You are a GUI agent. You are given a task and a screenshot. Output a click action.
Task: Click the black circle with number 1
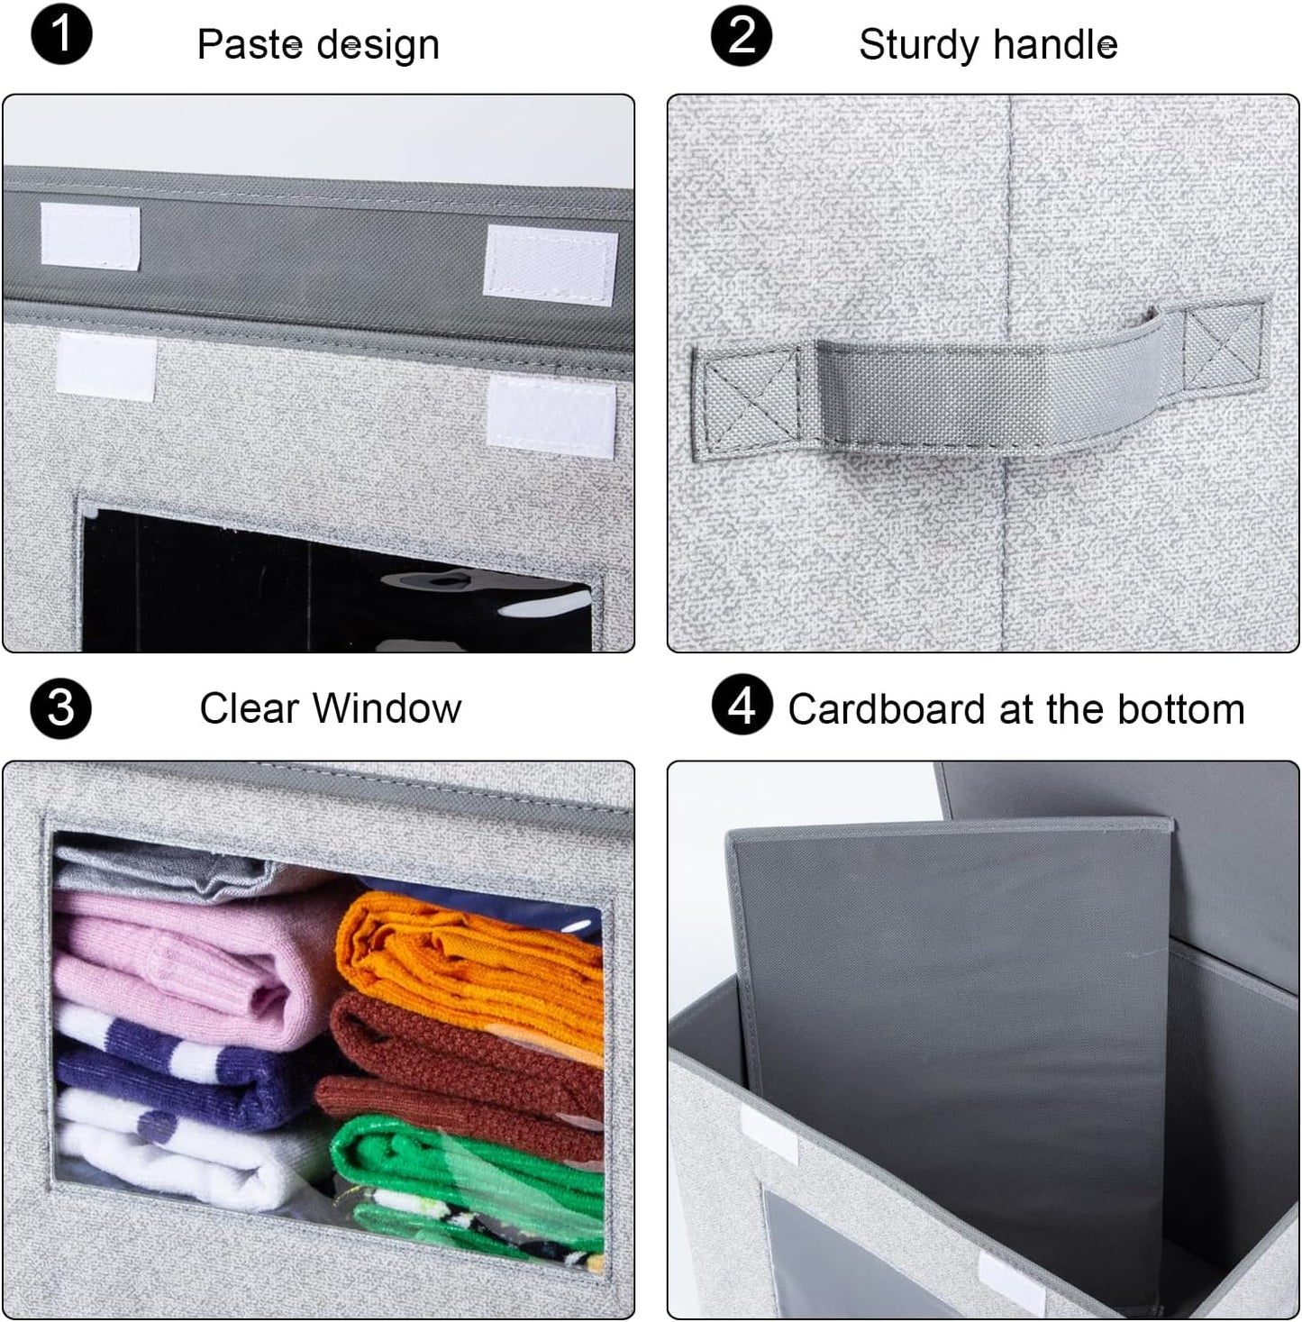point(61,37)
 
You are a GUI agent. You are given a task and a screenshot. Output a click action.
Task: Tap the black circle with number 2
point(741,37)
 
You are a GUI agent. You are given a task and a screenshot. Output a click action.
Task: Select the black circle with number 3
point(60,707)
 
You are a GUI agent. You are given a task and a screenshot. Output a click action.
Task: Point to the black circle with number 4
point(741,706)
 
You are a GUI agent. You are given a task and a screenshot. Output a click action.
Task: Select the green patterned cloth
point(469,1172)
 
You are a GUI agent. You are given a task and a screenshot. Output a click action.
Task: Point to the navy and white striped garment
point(180,1072)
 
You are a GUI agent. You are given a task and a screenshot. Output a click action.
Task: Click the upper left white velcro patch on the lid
point(90,236)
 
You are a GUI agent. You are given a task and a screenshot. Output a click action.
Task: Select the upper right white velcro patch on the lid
point(551,262)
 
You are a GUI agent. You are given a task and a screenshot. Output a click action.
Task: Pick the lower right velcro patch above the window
point(551,413)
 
